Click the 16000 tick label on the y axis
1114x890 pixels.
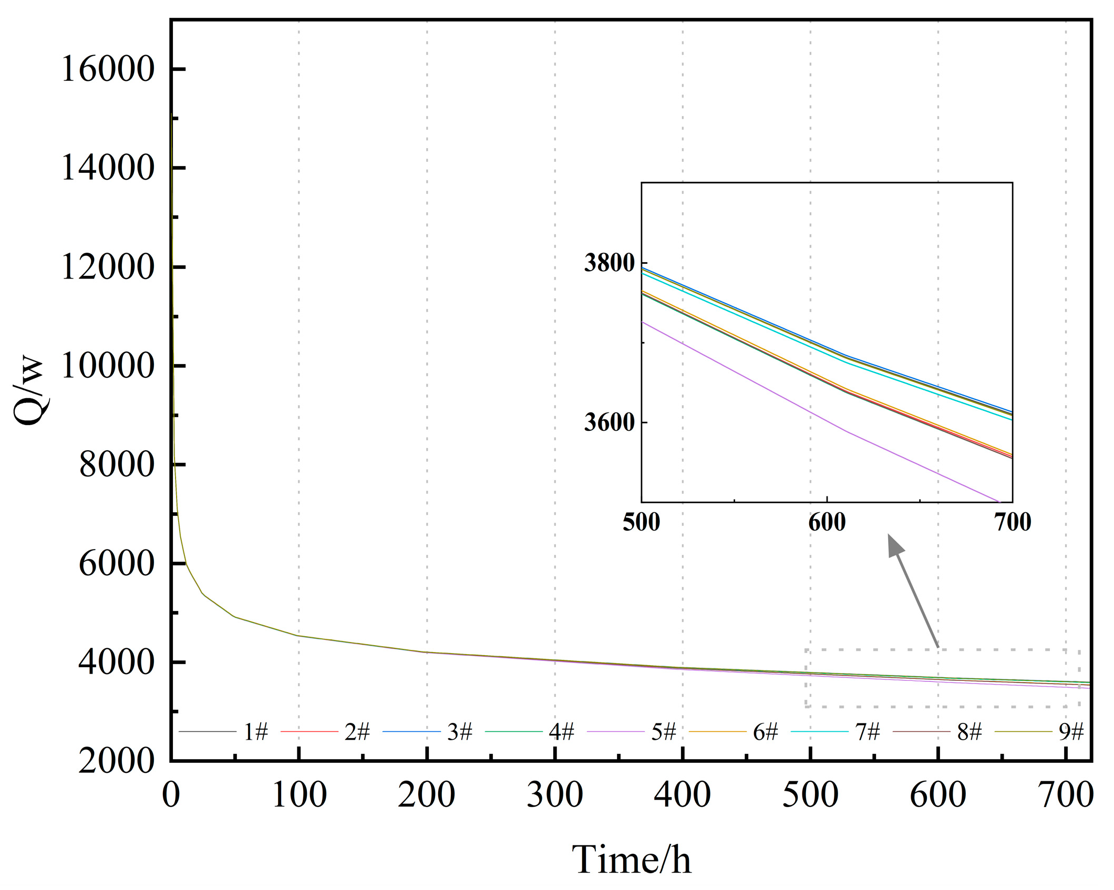point(108,69)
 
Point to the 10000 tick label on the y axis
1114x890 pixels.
point(108,366)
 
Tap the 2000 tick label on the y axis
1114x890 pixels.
point(116,760)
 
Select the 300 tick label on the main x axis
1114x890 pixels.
point(554,794)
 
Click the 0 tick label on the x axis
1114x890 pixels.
point(171,794)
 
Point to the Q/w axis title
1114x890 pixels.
point(29,391)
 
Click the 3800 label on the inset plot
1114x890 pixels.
point(610,262)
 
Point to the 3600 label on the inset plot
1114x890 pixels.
point(610,422)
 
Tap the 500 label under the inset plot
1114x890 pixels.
point(641,522)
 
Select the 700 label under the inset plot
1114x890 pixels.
point(1013,522)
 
